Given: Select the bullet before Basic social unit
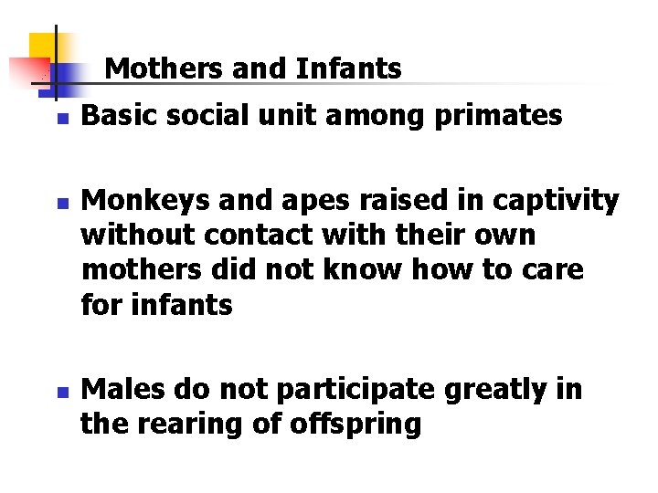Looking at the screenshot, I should pyautogui.click(x=61, y=119).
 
